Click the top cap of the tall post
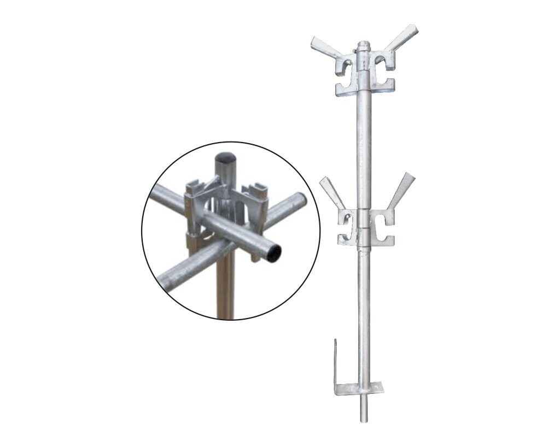(x=364, y=45)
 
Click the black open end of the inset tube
(x=273, y=252)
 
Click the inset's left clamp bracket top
(x=195, y=186)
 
